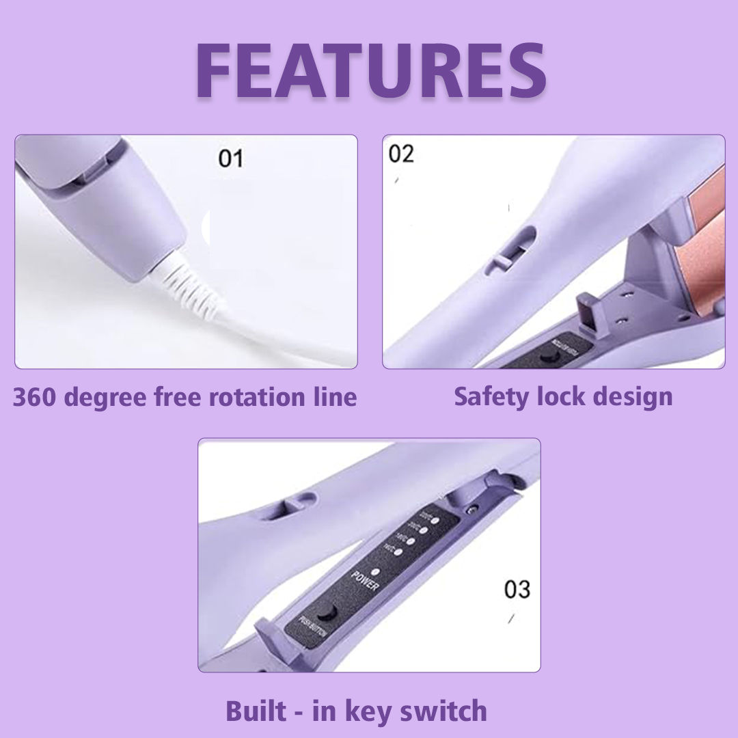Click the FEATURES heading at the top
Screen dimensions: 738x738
370,72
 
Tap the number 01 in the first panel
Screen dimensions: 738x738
230,159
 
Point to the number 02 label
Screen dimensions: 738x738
401,154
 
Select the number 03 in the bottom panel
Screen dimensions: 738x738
517,589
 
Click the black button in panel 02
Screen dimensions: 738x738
547,356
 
